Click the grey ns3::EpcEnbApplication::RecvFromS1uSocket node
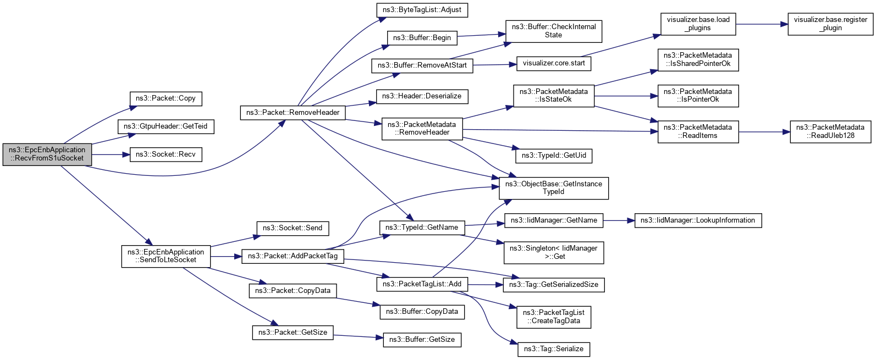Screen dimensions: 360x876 tap(47, 154)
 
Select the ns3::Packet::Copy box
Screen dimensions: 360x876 tap(166, 98)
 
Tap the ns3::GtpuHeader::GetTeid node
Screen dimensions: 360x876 tap(166, 126)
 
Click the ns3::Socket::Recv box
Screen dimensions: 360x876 tap(166, 154)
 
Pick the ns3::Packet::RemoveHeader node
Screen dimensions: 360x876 tap(293, 113)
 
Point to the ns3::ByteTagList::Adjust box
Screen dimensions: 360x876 tap(422, 10)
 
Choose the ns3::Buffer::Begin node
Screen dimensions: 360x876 tap(422, 38)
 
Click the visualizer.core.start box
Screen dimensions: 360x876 tap(554, 63)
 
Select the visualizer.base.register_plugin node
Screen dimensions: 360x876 tap(830, 24)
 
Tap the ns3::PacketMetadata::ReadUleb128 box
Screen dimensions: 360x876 tap(830, 131)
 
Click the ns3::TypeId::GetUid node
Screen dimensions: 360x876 tap(554, 156)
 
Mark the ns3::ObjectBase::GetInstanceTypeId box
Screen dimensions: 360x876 tap(554, 188)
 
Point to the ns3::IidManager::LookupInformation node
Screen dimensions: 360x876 tap(698, 220)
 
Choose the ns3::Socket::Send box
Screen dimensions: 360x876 tap(293, 228)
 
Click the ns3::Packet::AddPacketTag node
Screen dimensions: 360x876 tap(293, 256)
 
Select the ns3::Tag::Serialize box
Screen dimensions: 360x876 tap(554, 349)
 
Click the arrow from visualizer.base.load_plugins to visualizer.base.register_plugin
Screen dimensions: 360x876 tap(762, 24)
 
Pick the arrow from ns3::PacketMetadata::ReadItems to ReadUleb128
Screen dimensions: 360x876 tap(764, 132)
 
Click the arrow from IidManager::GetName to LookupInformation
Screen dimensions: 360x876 tap(619, 220)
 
